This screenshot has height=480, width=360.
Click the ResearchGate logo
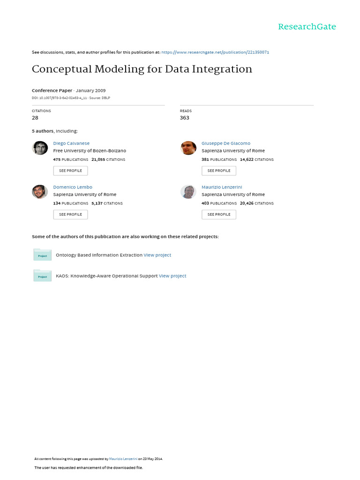pos(307,27)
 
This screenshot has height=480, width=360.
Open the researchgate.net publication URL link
pos(215,52)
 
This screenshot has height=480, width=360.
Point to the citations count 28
pos(35,118)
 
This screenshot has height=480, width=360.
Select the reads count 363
pos(185,118)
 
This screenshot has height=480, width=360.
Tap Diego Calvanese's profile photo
pos(40,148)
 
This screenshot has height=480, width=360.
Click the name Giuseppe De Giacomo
pos(226,143)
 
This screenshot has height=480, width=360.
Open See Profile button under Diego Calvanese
pos(70,171)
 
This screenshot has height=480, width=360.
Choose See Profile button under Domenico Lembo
pos(70,214)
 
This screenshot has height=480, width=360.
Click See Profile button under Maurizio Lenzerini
pos(219,214)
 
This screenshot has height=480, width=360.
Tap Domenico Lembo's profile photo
pos(40,192)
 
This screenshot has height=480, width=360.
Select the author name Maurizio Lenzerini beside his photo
pos(222,187)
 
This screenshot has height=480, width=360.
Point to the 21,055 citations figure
pos(98,159)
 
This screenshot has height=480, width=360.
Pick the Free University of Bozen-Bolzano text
pos(90,151)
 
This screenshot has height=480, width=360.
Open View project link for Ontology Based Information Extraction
pos(157,255)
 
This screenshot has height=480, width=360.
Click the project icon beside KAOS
pos(42,276)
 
